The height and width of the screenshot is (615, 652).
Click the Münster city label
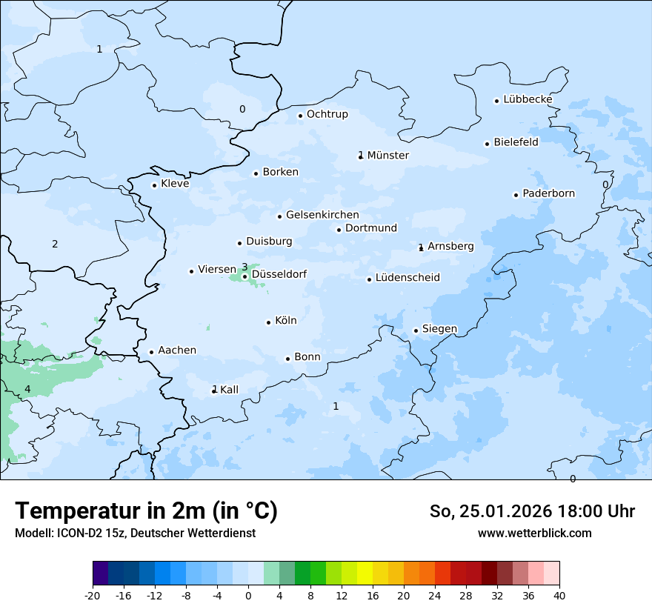[x=387, y=156]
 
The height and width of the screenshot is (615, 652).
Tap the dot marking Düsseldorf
[x=245, y=277]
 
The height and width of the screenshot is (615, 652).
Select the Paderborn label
[x=548, y=193]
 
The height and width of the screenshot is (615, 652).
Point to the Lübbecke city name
[x=528, y=99]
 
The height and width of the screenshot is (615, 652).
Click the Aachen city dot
[x=151, y=353]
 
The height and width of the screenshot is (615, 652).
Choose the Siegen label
[x=439, y=329]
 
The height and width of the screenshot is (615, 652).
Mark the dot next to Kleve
[x=154, y=185]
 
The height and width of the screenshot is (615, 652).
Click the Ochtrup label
[x=327, y=114]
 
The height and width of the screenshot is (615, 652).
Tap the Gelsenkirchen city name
[x=322, y=215]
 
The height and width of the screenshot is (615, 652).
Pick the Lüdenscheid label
[x=408, y=278]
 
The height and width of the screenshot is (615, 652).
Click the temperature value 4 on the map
[x=27, y=389]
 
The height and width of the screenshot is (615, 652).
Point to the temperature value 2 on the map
[x=55, y=244]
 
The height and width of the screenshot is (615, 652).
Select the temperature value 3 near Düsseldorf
[x=245, y=267]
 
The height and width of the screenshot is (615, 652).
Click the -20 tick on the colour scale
[x=93, y=595]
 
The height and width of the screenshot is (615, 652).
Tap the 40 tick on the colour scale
[x=559, y=595]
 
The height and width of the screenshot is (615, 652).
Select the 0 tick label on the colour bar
[x=248, y=595]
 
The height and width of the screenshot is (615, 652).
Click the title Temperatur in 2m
[x=146, y=511]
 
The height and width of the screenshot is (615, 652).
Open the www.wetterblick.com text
[x=534, y=533]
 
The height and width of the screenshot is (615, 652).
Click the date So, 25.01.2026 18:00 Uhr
[x=532, y=511]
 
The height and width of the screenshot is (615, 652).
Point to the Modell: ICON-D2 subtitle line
[x=135, y=533]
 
